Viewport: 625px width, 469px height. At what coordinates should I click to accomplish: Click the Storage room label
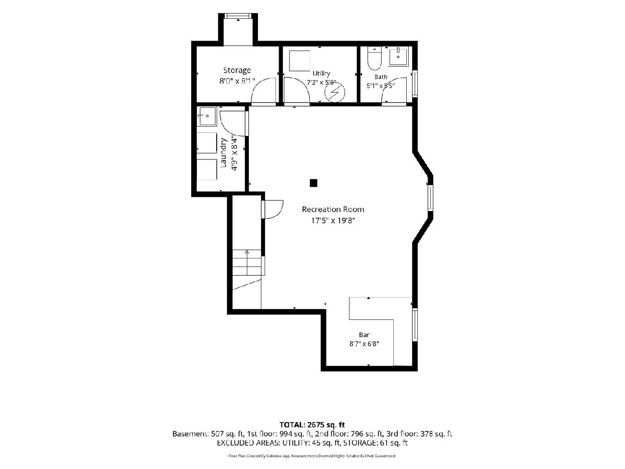[237, 70]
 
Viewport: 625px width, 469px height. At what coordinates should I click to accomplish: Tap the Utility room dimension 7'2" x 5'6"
[321, 82]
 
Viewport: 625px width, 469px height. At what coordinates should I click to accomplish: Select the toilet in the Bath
[374, 58]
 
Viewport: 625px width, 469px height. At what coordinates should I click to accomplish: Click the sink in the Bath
[398, 57]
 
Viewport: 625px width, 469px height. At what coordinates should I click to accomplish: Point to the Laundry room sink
[208, 116]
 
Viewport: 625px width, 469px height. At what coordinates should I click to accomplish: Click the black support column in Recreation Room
[313, 183]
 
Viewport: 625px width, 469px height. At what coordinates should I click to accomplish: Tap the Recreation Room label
[333, 209]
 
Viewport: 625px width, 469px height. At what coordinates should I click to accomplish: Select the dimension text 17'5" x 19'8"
[333, 220]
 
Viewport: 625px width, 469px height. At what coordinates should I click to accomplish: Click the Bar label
[364, 335]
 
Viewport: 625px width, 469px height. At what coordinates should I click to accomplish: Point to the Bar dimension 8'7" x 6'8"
[364, 344]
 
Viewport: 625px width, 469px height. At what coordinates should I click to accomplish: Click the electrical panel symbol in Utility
[335, 92]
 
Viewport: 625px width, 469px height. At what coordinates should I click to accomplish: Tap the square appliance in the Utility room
[299, 60]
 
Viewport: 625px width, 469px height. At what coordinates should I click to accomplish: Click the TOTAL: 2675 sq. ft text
[312, 425]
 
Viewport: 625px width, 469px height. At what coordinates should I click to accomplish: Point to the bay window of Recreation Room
[430, 198]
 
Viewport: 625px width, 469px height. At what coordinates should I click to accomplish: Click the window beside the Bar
[415, 325]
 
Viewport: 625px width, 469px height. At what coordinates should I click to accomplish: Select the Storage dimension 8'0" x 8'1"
[237, 81]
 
